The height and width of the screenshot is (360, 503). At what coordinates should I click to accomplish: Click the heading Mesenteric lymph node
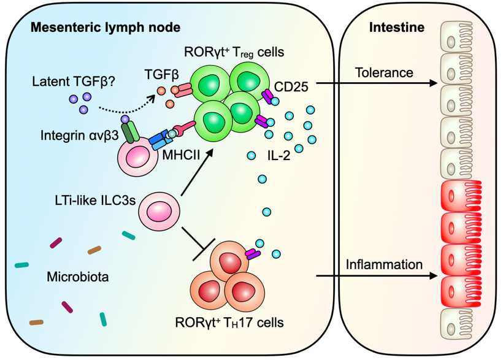coord(106,28)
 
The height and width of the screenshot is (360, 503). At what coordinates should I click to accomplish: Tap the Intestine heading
coord(397,27)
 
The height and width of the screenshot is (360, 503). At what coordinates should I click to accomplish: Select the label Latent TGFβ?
coord(74,82)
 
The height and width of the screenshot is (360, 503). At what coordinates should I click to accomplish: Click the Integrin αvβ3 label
coord(80,136)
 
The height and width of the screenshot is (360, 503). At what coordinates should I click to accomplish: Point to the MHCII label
coord(181,155)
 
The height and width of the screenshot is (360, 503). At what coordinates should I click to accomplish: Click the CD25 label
coord(291,86)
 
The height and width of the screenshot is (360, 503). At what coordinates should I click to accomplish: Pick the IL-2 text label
coord(278,156)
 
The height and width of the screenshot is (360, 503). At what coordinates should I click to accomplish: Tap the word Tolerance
coord(384,72)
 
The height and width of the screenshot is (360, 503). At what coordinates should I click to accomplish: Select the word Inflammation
coord(384,264)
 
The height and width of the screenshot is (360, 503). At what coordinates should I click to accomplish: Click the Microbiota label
coord(78,277)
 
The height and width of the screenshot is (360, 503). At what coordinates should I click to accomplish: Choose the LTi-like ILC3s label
coord(95,200)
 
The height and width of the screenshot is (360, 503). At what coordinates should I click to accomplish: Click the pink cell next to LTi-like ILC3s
coord(159,212)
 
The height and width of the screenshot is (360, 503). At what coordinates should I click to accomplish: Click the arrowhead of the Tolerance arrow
coord(434,83)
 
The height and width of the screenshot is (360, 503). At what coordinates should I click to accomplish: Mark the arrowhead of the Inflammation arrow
coord(434,275)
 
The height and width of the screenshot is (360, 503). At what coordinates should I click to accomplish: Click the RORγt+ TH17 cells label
coord(229,322)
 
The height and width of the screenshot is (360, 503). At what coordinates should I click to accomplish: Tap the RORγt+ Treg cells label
coord(234,52)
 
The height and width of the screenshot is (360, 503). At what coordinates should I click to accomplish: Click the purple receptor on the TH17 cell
coord(253,254)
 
